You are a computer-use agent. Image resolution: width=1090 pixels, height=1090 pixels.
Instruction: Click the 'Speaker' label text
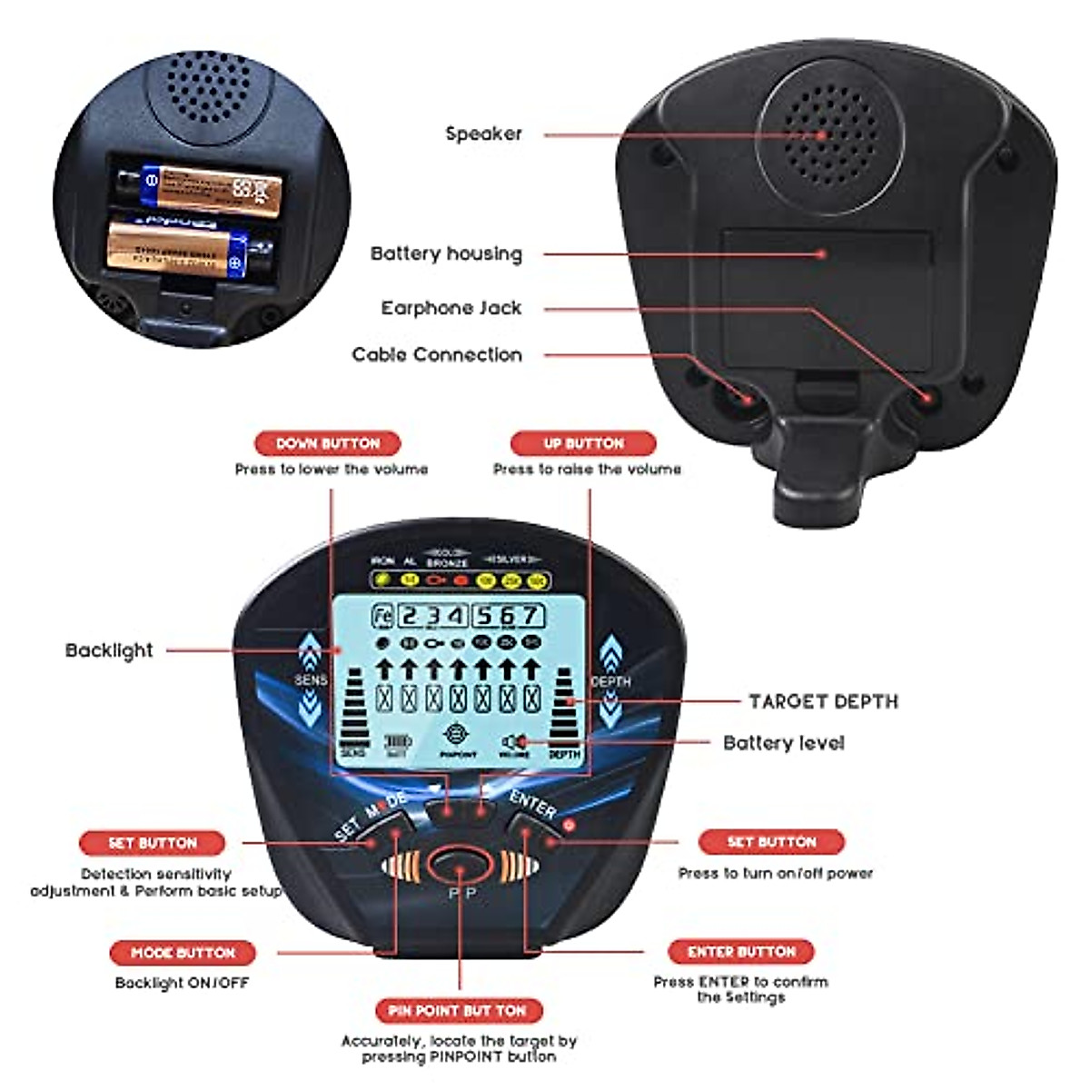pyautogui.click(x=483, y=134)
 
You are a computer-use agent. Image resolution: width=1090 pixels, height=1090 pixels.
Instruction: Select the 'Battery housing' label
pyautogui.click(x=446, y=253)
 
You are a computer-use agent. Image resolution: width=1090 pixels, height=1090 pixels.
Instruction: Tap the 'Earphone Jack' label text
pyautogui.click(x=451, y=308)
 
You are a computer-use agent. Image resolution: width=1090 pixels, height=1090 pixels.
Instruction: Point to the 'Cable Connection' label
pyautogui.click(x=437, y=355)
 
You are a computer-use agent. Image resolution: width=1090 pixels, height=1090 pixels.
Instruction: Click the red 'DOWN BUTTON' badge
pyautogui.click(x=327, y=443)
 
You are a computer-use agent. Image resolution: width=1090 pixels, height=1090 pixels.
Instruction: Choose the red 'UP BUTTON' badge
pyautogui.click(x=583, y=443)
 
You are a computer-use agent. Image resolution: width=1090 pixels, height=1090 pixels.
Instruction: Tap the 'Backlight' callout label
pyautogui.click(x=109, y=650)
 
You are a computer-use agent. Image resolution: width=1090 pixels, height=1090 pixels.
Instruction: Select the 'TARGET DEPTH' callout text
pyautogui.click(x=823, y=701)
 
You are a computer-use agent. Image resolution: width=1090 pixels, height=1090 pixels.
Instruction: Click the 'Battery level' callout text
pyautogui.click(x=783, y=743)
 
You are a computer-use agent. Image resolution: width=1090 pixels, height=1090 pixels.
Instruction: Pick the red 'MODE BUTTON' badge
pyautogui.click(x=183, y=953)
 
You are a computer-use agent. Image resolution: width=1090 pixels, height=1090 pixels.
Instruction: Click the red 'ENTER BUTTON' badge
pyautogui.click(x=741, y=952)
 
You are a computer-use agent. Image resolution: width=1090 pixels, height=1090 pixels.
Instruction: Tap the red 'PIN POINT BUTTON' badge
pyautogui.click(x=458, y=1010)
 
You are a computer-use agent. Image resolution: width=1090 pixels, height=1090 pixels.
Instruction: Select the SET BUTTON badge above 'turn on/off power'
pyautogui.click(x=771, y=842)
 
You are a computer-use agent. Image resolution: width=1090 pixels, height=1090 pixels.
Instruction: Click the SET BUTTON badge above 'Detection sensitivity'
pyautogui.click(x=152, y=843)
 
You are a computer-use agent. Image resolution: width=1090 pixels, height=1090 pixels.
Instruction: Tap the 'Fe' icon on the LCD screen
pyautogui.click(x=382, y=616)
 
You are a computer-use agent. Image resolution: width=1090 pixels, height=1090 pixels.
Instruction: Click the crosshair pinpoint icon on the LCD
pyautogui.click(x=458, y=735)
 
